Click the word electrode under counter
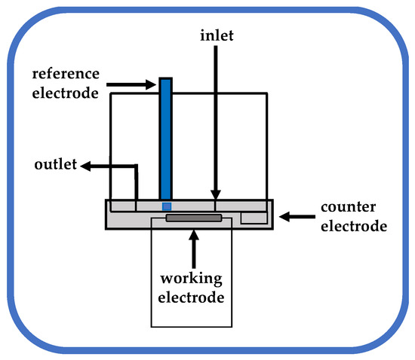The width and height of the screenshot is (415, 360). pos(353,225)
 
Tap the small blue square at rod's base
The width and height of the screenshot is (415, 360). pos(167,206)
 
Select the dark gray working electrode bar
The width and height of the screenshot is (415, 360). pos(194,218)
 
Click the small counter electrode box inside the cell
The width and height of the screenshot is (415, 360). pos(253,218)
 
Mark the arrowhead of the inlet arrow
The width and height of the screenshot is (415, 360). pos(216,194)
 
